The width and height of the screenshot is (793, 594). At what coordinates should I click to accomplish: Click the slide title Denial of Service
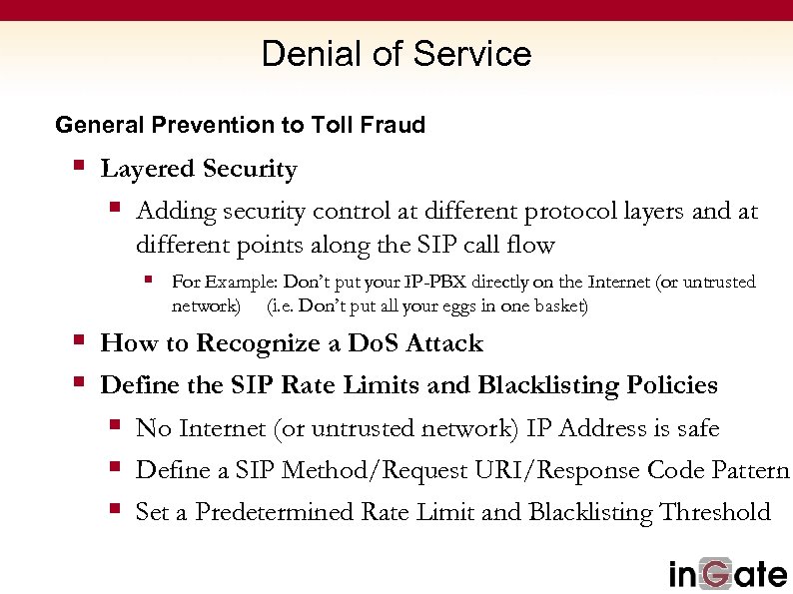pos(396,54)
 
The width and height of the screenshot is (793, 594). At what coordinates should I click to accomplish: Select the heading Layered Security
pos(199,170)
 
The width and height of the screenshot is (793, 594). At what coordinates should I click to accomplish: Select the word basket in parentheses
pos(558,305)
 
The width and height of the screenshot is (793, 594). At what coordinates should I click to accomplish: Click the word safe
pos(697,428)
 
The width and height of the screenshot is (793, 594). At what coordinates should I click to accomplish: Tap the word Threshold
pos(714,512)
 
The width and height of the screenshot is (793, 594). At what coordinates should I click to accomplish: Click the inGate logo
pos(727,573)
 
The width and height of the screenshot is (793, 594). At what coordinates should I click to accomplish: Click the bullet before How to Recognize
pos(79,339)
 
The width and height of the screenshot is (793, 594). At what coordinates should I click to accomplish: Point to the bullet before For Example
pos(148,280)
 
